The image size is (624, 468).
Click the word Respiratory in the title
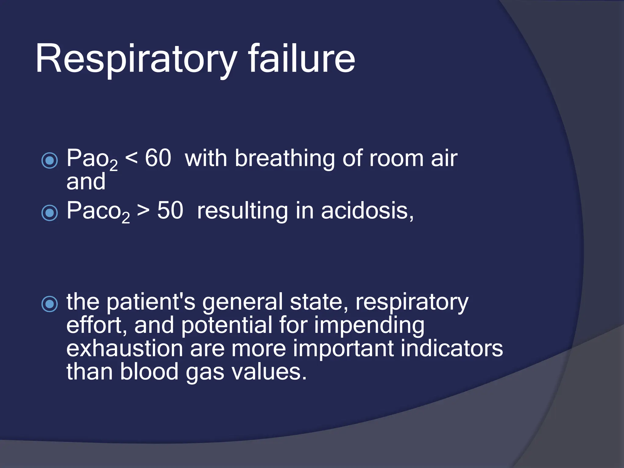pos(136,59)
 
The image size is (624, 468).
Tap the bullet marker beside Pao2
pos(49,160)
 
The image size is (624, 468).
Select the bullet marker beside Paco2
pos(49,212)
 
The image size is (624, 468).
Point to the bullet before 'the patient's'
pos(49,304)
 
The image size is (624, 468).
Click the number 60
pos(158,158)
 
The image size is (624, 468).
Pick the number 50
pos(170,211)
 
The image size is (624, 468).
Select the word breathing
pos(285,159)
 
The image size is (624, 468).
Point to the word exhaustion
pos(125,349)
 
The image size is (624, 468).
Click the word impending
pos(369,326)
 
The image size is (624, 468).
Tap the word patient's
pos(151,302)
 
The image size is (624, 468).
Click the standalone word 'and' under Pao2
pos(86,182)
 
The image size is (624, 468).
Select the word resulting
pos(242,211)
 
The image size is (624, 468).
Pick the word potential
pos(227,325)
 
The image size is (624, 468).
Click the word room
pos(396,159)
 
